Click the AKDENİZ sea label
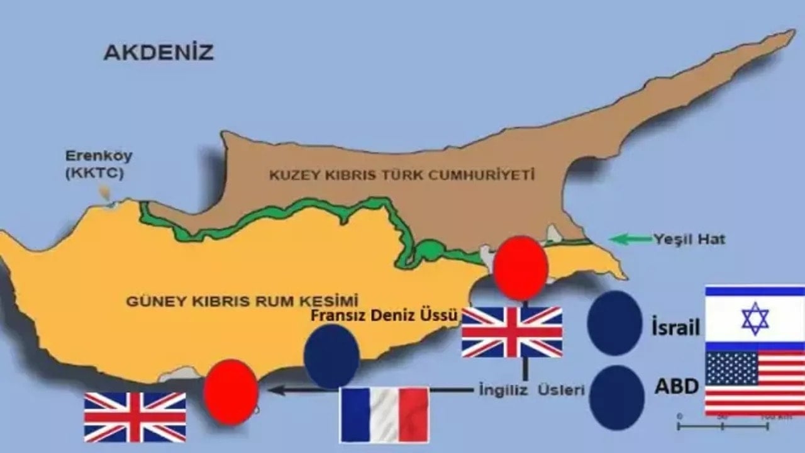[x=158, y=52]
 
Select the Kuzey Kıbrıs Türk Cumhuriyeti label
[x=402, y=174]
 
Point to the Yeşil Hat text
[x=689, y=239]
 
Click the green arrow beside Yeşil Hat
[x=628, y=239]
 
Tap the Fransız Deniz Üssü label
[x=384, y=316]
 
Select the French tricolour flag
[x=384, y=414]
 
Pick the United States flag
[x=755, y=383]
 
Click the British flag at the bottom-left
[x=135, y=417]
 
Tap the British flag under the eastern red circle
[x=512, y=332]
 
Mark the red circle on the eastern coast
[x=520, y=267]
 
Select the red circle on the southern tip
[x=231, y=391]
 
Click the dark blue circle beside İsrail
[x=614, y=323]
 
